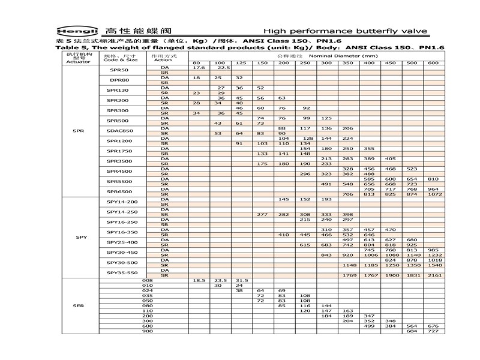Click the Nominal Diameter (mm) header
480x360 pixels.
tap(308, 55)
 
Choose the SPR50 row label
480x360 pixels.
tap(118, 70)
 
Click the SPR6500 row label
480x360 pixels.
tap(118, 191)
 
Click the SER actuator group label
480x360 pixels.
tap(78, 305)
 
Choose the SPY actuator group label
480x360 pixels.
tap(81, 237)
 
